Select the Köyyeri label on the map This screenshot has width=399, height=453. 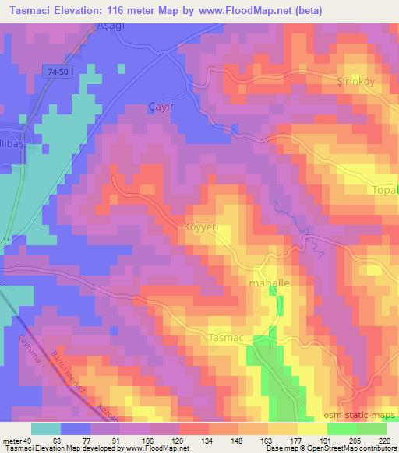203,226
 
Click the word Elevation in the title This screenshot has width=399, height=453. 90,9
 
